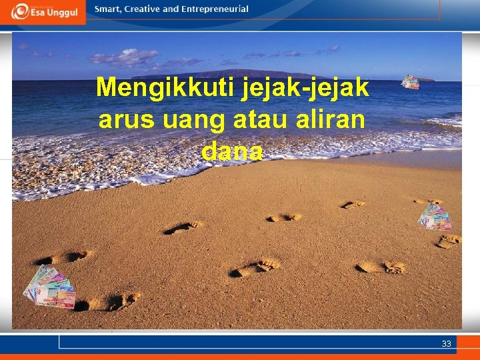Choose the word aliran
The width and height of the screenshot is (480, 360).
click(x=331, y=120)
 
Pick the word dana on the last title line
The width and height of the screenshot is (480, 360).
click(x=231, y=151)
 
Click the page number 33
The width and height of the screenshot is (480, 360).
click(x=446, y=344)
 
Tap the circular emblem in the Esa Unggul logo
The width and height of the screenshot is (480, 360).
click(x=21, y=11)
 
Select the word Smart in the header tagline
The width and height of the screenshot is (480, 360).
click(x=108, y=9)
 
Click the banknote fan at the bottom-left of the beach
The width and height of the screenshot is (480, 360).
click(x=49, y=287)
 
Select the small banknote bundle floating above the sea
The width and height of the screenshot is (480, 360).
click(x=410, y=82)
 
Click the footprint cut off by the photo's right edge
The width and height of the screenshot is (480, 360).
click(x=449, y=241)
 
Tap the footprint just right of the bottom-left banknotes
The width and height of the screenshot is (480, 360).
click(x=107, y=302)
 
